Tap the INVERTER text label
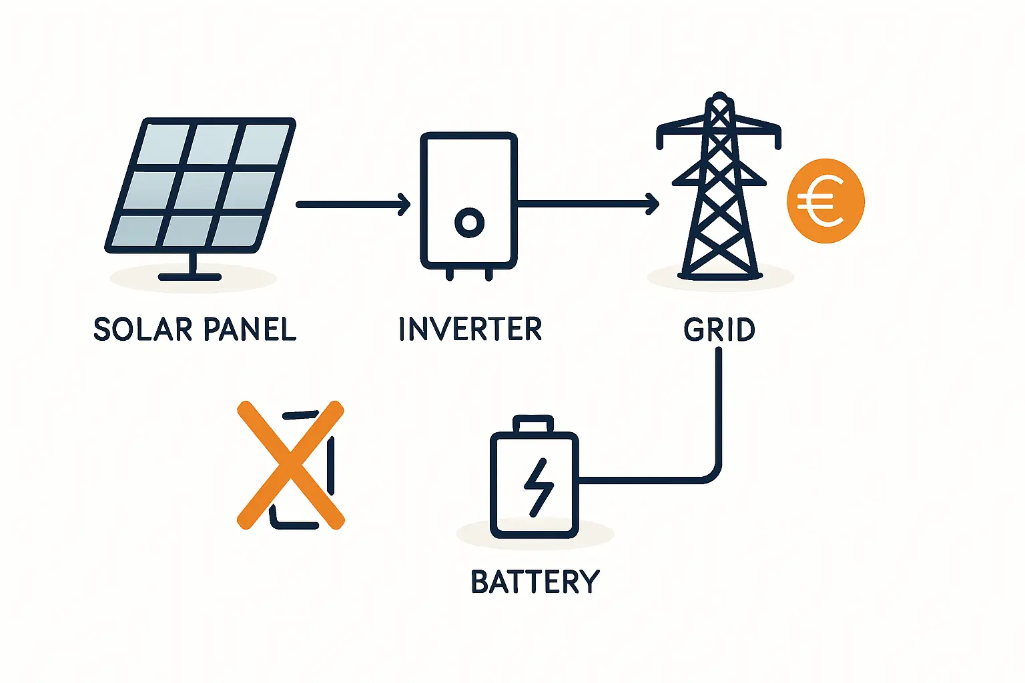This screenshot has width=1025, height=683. tap(470, 329)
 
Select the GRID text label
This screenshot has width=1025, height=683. tap(719, 329)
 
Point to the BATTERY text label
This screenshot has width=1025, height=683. tap(535, 582)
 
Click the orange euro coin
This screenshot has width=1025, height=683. tap(825, 201)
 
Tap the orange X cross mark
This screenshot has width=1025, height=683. tap(290, 465)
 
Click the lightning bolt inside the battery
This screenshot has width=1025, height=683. tap(538, 487)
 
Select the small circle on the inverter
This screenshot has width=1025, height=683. tap(469, 222)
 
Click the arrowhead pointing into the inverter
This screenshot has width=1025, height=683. tap(404, 204)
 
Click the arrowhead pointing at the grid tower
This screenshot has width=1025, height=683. tap(653, 203)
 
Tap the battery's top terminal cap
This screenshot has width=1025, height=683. tap(533, 424)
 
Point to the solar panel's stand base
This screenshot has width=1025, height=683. tap(190, 276)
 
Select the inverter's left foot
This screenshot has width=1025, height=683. tap(450, 273)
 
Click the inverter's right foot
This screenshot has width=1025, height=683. tap(489, 273)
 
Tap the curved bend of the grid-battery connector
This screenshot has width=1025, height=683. tap(711, 474)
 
